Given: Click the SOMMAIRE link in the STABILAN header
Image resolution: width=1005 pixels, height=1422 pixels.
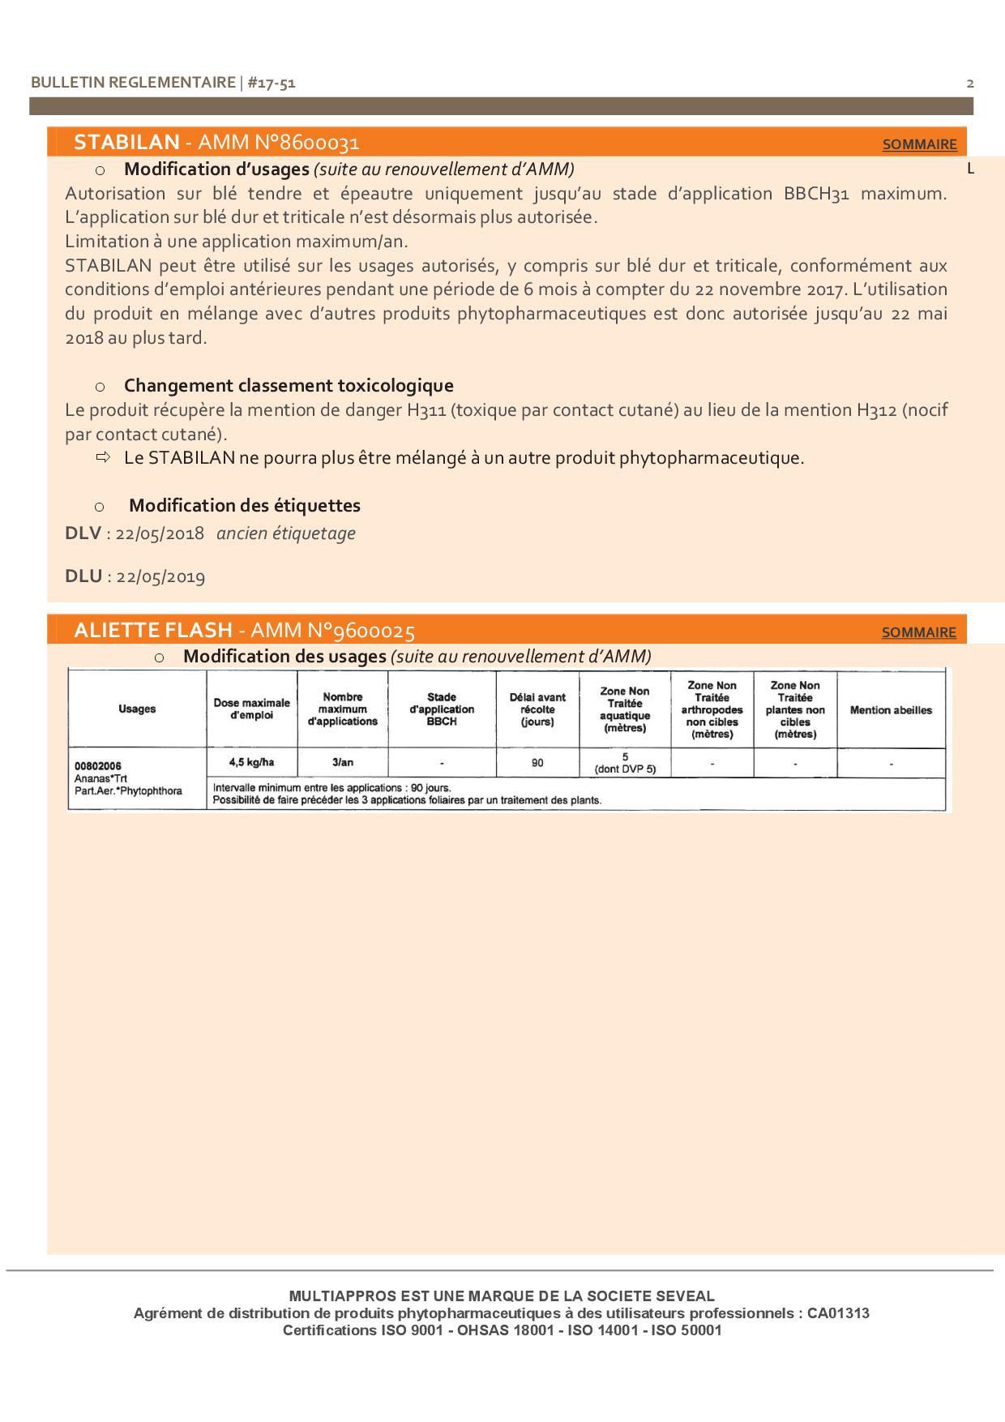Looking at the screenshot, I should tap(919, 144).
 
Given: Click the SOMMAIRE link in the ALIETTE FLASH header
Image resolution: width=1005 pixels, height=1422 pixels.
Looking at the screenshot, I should tap(918, 632).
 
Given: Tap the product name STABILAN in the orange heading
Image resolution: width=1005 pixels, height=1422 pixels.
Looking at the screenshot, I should tap(126, 143).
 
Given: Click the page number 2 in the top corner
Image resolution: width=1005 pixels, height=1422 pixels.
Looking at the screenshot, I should tap(970, 84).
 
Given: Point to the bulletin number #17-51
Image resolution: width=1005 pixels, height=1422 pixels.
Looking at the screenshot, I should tap(271, 83).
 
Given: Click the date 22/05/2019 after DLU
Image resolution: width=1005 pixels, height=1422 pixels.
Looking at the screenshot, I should tap(160, 577).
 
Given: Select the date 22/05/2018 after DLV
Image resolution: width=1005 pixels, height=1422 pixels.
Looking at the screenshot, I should tap(160, 534).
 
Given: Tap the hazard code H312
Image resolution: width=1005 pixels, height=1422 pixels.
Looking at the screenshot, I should tap(875, 410).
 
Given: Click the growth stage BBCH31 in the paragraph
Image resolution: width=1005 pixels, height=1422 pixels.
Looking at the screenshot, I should tap(816, 194).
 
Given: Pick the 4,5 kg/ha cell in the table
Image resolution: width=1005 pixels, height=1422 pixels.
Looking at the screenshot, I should tap(251, 762).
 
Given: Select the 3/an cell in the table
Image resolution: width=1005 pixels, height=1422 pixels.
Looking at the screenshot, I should tap(343, 762).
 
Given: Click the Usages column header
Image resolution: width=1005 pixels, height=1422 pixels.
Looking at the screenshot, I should tap(137, 709).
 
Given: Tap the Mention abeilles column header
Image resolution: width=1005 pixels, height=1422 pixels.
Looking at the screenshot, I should tap(891, 710).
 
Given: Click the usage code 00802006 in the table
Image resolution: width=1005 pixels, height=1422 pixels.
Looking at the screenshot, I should tap(97, 766).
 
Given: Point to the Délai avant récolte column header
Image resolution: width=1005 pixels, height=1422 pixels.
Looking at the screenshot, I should tap(537, 709).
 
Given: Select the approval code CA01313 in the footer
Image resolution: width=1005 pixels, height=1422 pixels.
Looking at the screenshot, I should tap(838, 1313).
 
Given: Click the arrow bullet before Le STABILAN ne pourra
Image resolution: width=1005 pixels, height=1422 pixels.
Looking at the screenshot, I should tap(102, 458).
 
